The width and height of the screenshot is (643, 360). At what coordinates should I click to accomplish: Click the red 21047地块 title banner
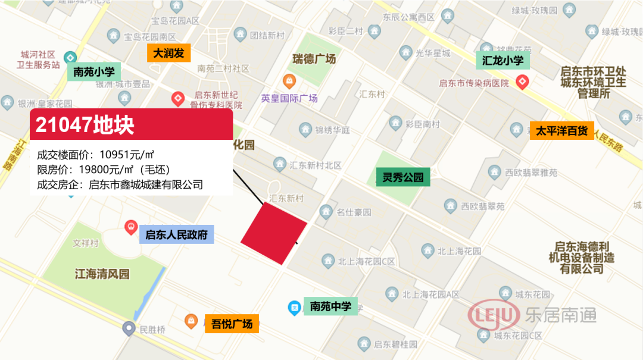click(x=131, y=125)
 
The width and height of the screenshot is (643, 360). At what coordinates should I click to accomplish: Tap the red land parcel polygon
click(x=274, y=233)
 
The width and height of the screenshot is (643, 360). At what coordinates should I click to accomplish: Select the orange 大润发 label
click(x=168, y=53)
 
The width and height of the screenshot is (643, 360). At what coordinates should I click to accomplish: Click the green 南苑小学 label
click(x=94, y=72)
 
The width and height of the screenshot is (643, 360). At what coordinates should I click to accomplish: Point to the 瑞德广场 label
click(x=314, y=59)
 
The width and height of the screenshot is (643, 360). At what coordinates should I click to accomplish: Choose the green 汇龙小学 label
click(x=502, y=60)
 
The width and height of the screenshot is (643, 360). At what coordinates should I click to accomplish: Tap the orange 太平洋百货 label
click(x=561, y=130)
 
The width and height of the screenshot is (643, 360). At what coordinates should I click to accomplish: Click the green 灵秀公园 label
click(x=402, y=177)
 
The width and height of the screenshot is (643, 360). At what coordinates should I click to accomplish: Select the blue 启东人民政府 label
click(x=176, y=234)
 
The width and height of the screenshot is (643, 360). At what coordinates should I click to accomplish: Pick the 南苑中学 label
click(x=330, y=306)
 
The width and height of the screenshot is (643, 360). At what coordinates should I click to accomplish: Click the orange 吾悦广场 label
click(x=232, y=324)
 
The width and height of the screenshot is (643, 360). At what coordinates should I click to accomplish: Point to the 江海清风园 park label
click(x=102, y=274)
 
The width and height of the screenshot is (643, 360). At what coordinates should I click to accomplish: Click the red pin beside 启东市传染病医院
click(x=523, y=82)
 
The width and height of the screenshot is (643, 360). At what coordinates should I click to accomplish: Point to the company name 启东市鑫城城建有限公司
click(x=146, y=184)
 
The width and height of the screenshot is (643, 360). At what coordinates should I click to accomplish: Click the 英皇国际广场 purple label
click(x=289, y=98)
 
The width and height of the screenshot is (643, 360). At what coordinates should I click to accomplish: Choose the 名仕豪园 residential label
click(x=354, y=212)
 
